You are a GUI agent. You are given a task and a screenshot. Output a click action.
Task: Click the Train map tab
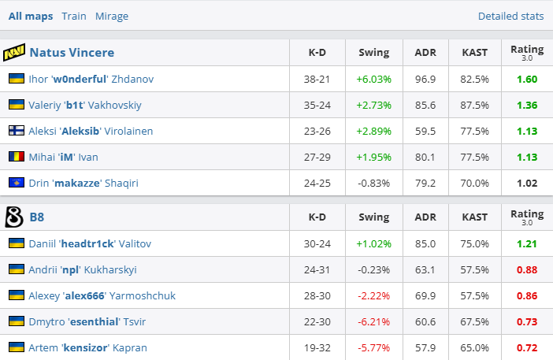tap(74, 16)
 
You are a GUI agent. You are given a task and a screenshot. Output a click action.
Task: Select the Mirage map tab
tap(112, 16)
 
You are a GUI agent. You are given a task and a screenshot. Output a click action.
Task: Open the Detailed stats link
tap(510, 16)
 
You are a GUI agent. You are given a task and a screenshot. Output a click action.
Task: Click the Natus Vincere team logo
tap(14, 53)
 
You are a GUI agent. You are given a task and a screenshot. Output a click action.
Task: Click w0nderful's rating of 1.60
tap(527, 79)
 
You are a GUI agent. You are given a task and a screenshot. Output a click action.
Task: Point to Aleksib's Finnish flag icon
tap(16, 131)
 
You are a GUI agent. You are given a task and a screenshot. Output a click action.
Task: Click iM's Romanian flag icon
tap(16, 157)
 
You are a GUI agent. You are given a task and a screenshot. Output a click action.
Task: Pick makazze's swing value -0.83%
tap(373, 183)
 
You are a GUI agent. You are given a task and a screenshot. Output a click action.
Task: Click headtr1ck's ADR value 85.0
tap(425, 243)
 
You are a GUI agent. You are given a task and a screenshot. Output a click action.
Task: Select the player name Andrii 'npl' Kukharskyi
tap(84, 269)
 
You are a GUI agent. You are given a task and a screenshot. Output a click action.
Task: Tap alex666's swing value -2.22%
tap(373, 295)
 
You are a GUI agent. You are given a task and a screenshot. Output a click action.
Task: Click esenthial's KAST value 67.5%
tap(475, 321)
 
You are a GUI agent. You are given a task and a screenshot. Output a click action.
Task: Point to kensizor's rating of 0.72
tap(527, 347)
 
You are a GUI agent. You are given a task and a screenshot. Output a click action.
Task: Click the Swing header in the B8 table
tap(373, 217)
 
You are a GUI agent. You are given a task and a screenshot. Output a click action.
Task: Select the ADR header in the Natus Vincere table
tap(425, 53)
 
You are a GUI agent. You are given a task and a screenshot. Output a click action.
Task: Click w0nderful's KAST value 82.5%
tap(475, 79)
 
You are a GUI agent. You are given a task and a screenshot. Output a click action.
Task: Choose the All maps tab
tap(31, 16)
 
